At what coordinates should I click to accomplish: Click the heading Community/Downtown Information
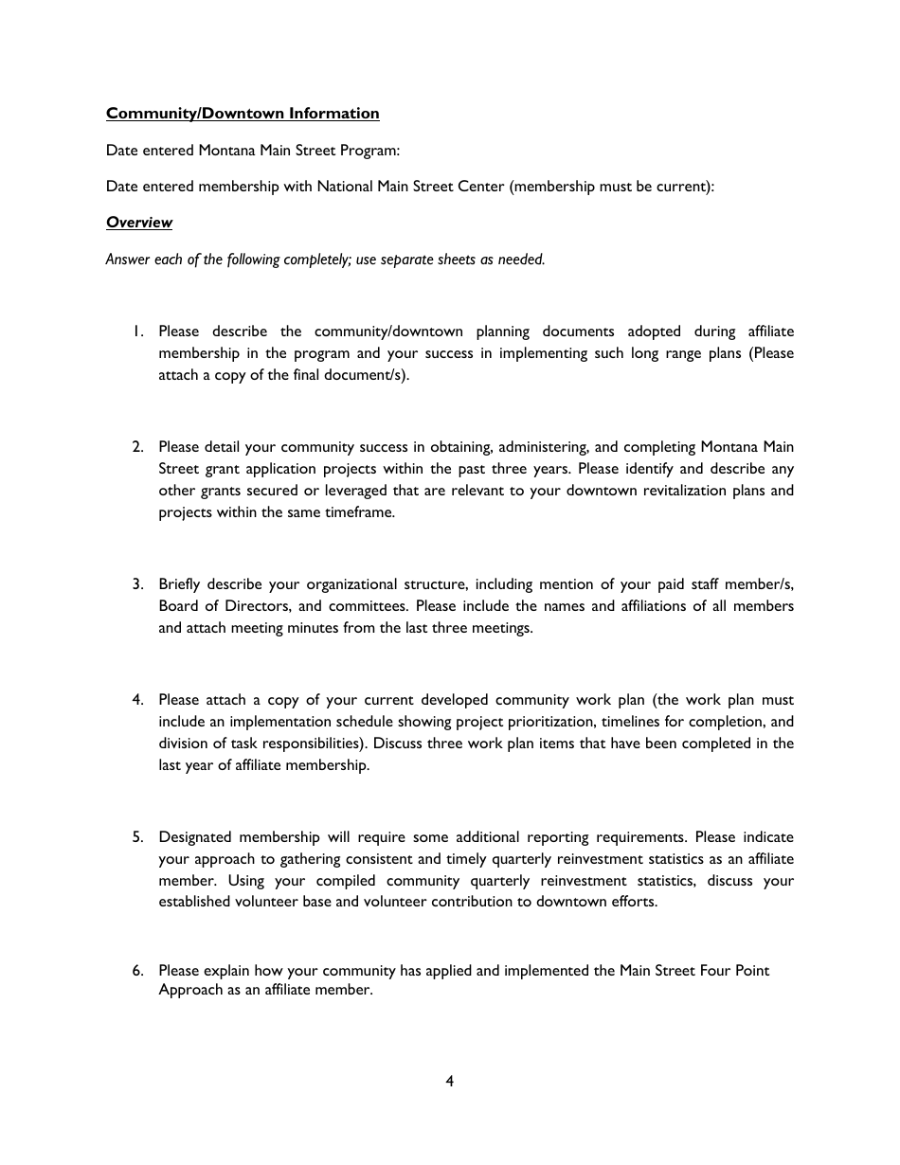coord(243,114)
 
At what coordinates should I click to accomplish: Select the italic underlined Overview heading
coord(139,223)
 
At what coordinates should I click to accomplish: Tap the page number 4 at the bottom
coord(450,1081)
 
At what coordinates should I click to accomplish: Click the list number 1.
coord(137,332)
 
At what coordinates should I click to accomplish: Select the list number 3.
coord(137,583)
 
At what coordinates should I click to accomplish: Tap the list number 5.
coord(137,837)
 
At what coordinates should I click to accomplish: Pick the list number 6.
coord(137,971)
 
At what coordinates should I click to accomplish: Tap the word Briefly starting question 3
coord(179,583)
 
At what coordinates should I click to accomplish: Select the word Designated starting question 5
coord(194,837)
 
